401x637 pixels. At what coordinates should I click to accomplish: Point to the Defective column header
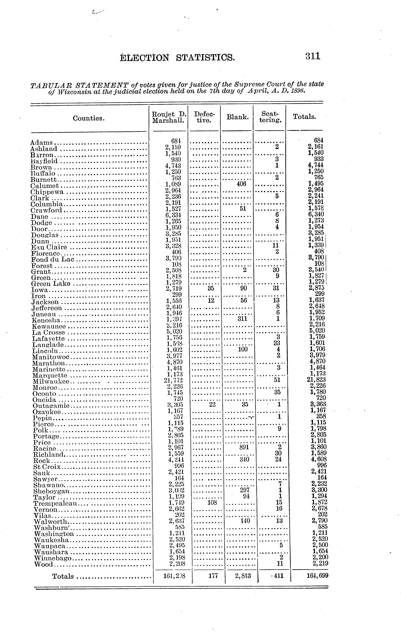[204, 117]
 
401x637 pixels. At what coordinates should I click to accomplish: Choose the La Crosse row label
[48, 333]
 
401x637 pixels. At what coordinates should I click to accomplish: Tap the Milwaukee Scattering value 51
[277, 380]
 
